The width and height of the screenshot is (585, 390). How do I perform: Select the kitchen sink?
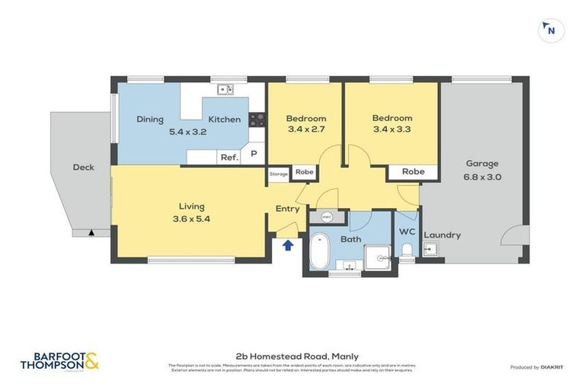pos(225,89)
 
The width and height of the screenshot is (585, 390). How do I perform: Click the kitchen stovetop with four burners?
pos(257,119)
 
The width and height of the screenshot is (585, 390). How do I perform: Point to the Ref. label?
pos(229,158)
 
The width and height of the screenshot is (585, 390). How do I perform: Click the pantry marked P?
pos(254,155)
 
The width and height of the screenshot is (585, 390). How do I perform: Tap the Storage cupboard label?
pos(279,174)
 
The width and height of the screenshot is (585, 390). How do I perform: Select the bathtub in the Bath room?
pos(318,251)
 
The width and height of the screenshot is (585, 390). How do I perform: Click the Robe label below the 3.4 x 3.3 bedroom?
pos(413,172)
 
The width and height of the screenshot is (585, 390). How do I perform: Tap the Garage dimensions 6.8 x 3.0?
pos(482,177)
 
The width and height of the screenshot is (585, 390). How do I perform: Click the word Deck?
pos(83,167)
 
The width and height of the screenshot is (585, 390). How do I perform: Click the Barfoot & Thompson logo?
pos(60,360)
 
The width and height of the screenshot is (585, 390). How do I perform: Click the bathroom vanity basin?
pos(350,265)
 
